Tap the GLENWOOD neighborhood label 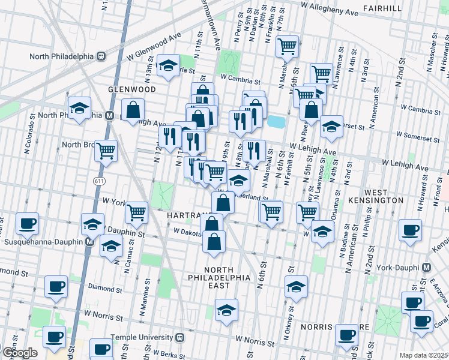(133, 89)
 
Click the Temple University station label (148, 337)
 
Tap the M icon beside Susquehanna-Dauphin (88, 242)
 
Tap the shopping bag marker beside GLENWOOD (133, 110)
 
